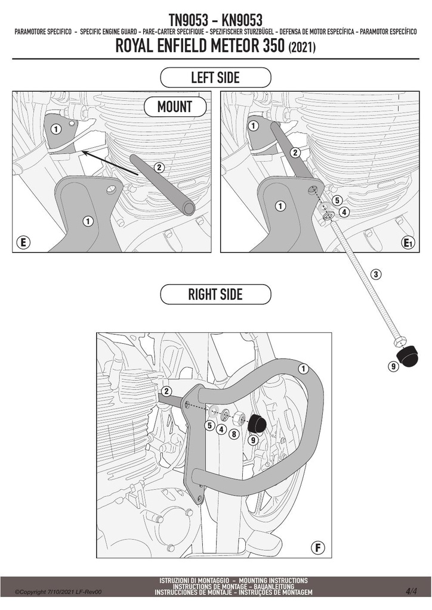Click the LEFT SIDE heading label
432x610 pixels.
coord(215,77)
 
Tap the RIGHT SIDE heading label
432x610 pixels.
coord(215,294)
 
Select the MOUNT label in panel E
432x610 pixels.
coord(175,106)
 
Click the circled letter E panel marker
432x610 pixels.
coord(23,243)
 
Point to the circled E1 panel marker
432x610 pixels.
coord(408,243)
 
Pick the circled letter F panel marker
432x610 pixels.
coord(318,548)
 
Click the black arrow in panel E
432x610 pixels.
coord(110,163)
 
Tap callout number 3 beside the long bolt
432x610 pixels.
coord(375,274)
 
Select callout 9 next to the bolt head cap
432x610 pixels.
coord(393,366)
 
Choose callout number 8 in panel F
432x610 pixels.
coord(234,433)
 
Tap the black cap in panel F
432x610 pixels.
coord(258,424)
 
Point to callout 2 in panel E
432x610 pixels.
coord(159,167)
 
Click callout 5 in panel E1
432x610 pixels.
coord(337,200)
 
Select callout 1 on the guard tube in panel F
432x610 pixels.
coord(303,369)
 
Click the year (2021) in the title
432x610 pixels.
coord(301,48)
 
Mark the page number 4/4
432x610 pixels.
coord(411,592)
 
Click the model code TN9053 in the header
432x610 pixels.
coord(189,20)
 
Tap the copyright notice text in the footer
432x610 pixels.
coord(58,592)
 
